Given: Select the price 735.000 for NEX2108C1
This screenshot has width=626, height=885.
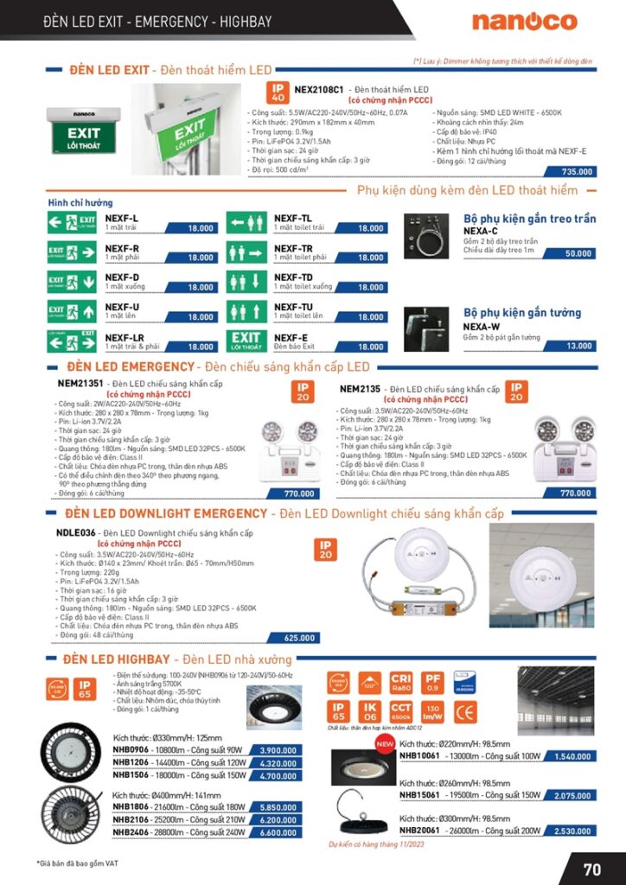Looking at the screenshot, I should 577,172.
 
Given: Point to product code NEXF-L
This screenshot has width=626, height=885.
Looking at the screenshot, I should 122,218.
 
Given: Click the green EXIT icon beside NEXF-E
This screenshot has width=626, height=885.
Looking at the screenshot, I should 246,341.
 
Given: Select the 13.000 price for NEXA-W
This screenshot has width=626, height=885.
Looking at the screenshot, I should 578,346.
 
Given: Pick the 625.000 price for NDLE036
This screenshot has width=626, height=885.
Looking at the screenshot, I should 299,638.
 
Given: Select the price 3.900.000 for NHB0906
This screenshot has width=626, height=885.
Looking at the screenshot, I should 278,750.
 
